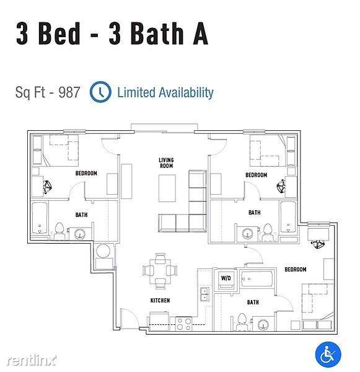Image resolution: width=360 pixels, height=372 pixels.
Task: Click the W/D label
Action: [226, 278]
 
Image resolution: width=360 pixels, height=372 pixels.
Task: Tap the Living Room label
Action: [166, 163]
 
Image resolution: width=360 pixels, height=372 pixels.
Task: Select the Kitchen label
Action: [160, 300]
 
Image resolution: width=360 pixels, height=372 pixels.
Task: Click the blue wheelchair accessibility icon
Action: [328, 355]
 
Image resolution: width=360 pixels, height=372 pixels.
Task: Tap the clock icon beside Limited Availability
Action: [100, 92]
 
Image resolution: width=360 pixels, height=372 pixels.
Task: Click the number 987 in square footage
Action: [69, 92]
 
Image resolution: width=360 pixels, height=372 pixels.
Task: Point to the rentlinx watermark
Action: [32, 360]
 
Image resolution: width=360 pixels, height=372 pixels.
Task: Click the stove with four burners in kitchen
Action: [184, 324]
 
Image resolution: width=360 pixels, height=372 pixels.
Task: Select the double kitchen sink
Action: [204, 294]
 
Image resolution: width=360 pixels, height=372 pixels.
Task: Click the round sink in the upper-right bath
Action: [247, 234]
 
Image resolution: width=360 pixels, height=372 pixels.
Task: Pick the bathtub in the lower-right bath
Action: [257, 278]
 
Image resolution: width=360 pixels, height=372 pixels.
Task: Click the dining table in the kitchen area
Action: [160, 272]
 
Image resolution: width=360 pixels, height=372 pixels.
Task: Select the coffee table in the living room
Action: [167, 188]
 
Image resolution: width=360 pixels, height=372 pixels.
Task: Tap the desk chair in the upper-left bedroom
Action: [48, 187]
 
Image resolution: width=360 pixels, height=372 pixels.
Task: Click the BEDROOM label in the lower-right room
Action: [296, 269]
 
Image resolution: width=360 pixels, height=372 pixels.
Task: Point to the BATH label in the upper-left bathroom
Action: [81, 215]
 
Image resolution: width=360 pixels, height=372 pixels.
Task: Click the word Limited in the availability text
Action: [136, 92]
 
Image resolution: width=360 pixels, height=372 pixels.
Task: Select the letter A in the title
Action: [200, 33]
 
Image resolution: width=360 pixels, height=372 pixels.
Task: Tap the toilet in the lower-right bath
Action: [242, 322]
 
